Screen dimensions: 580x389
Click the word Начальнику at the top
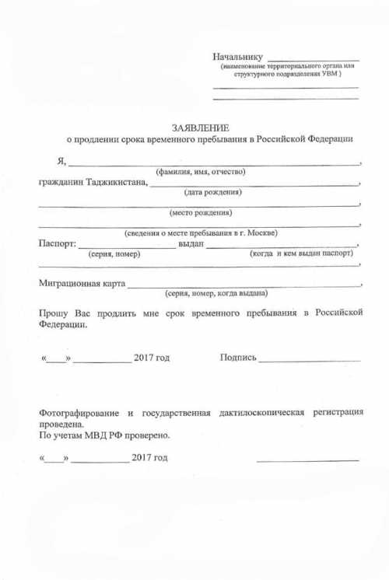(238, 57)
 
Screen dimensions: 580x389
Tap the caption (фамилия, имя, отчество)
(201, 171)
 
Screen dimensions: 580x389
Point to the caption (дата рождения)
(212, 192)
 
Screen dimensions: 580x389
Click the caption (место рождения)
(201, 212)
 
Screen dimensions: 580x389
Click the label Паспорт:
(57, 244)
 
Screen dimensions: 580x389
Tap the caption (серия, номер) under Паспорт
(114, 253)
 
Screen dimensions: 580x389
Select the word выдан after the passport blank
(191, 244)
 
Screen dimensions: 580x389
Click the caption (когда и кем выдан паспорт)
(302, 253)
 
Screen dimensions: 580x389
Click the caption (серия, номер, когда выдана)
(216, 294)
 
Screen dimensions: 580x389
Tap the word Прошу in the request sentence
(53, 313)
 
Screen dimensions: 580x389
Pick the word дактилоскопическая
(261, 411)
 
